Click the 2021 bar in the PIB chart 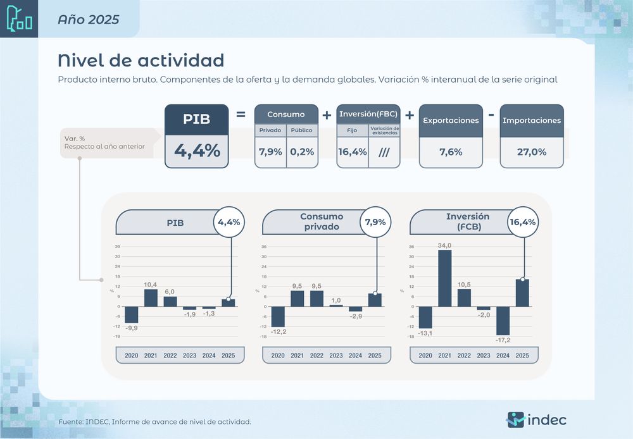coord(151,298)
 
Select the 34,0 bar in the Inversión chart coord(445,278)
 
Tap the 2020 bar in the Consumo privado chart coord(278,316)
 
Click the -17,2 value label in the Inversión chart coord(503,340)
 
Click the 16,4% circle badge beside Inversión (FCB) coord(523,222)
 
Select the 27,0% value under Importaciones coord(532,152)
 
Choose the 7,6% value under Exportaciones coord(451,152)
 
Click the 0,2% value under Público coord(302,152)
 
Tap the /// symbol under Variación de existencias coord(384,152)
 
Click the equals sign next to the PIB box coord(241,115)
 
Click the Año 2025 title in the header coord(88,19)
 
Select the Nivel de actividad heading coord(141,60)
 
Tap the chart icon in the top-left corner coord(19,19)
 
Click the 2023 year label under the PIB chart coord(189,356)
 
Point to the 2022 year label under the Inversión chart coord(464,356)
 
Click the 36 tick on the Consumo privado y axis coord(264,247)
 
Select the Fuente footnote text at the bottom coord(154,421)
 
